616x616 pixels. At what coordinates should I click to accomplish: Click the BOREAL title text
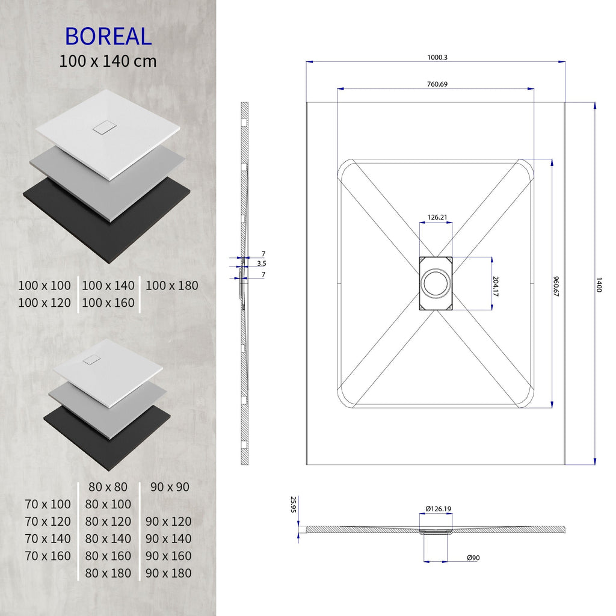108,36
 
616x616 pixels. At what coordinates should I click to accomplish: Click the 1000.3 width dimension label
437,57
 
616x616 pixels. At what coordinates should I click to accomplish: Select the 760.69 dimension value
437,84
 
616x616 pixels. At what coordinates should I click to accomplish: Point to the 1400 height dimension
599,285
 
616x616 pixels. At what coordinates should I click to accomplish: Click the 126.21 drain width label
437,217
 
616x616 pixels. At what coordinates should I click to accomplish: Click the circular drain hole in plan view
435,283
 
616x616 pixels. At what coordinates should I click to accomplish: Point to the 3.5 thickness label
262,263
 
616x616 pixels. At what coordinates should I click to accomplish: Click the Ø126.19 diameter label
438,509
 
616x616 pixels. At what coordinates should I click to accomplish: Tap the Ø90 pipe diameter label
473,558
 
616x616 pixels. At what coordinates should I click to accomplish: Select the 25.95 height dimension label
294,504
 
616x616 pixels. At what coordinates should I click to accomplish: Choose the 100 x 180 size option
171,286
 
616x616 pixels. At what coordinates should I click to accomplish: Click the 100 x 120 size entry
44,303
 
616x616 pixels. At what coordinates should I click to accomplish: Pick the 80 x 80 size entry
108,487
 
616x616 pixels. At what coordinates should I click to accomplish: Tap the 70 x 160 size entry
48,556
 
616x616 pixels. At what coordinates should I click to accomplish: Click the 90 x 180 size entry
168,573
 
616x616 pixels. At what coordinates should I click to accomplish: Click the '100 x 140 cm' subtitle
108,61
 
